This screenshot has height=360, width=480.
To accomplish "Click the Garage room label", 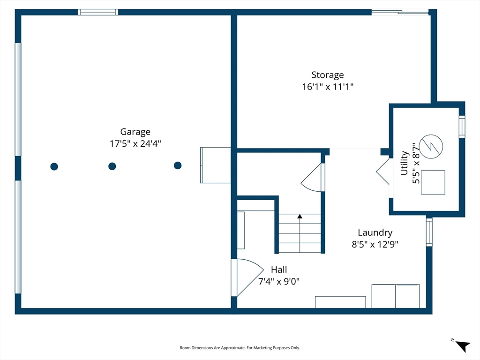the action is [x=135, y=132].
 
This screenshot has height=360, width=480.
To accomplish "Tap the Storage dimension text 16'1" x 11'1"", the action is [x=328, y=87].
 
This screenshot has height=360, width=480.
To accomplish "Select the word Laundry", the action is [x=375, y=232].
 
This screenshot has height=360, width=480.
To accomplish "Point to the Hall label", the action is [x=279, y=270].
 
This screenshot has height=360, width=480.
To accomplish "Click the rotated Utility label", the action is [x=405, y=163].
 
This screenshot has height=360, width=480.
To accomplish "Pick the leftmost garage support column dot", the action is [x=54, y=166].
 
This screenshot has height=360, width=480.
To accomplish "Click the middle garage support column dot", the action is [x=112, y=166].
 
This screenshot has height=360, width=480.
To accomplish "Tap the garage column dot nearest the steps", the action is [x=178, y=165].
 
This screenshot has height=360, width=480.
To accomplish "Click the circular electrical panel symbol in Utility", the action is [x=431, y=146].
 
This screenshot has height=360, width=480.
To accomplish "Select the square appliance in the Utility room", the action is [x=433, y=182].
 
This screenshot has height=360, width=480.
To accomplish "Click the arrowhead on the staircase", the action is [x=300, y=217].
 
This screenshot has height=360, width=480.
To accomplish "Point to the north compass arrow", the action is [x=463, y=346].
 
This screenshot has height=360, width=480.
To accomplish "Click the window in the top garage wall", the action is [x=98, y=12].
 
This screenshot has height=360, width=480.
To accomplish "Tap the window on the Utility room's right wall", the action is [x=462, y=127].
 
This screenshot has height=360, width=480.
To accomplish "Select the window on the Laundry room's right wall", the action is [x=429, y=232].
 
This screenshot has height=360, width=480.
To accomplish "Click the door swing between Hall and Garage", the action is [x=247, y=277].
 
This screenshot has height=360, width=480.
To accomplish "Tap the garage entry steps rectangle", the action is [x=216, y=165].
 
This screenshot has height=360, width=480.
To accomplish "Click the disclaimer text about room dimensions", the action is [x=240, y=348].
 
